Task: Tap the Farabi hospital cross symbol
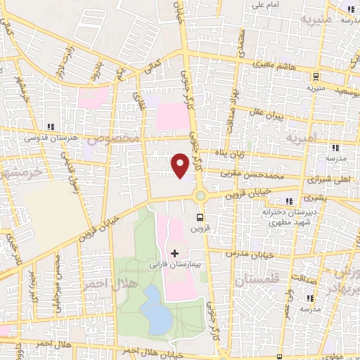coord(174,252)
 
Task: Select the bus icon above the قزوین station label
coord(200,218)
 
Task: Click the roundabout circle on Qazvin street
coord(200,195)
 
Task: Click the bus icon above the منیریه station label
coord(316,77)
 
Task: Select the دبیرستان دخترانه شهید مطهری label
coord(286,216)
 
